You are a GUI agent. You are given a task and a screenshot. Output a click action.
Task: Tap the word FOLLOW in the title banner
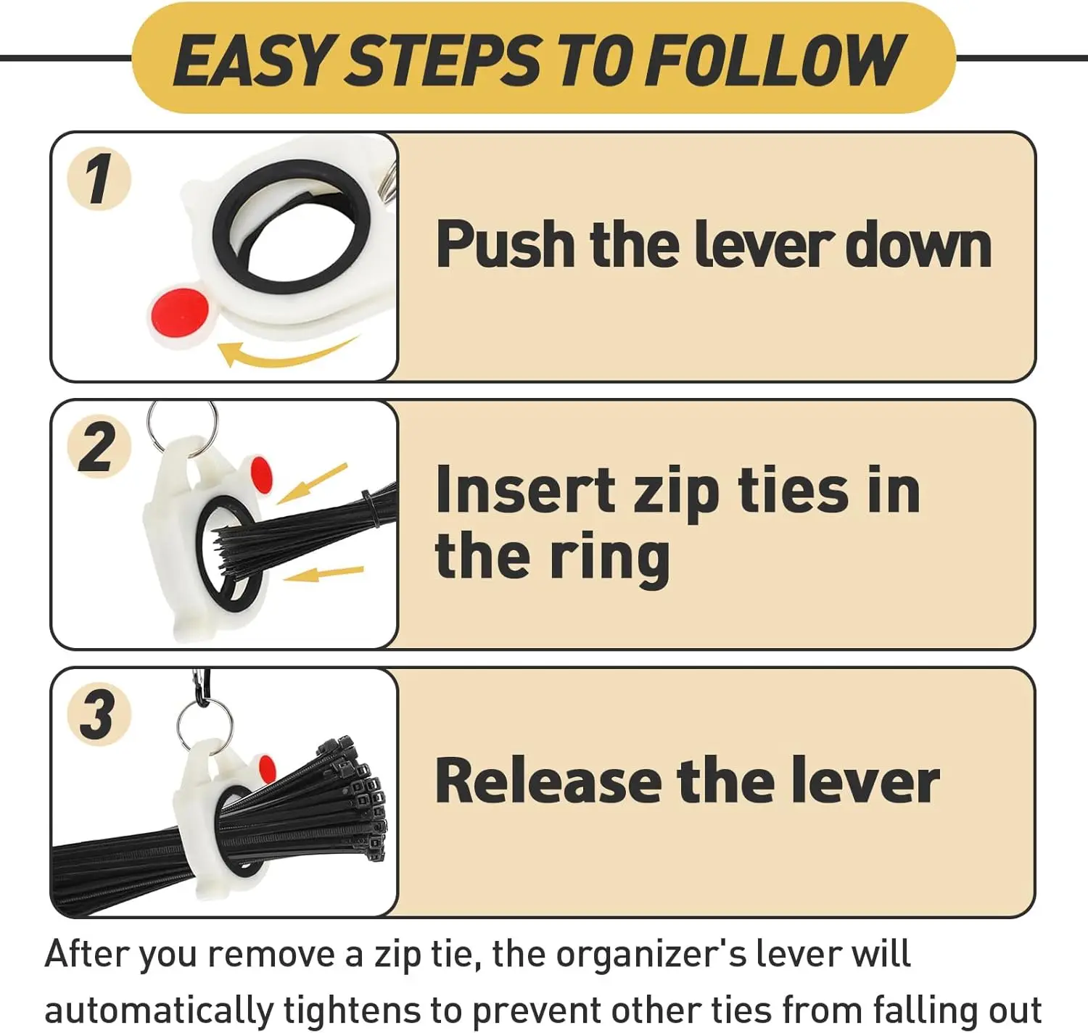click(x=774, y=59)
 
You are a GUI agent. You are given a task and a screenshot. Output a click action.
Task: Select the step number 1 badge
click(x=99, y=178)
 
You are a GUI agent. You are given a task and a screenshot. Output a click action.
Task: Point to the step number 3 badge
click(x=99, y=714)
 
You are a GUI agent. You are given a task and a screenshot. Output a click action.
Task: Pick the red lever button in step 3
click(x=267, y=770)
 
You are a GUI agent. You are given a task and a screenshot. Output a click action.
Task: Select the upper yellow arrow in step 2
click(x=312, y=484)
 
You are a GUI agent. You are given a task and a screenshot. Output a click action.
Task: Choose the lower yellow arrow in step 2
click(x=323, y=573)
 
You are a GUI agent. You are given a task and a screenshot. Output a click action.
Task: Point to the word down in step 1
click(x=918, y=244)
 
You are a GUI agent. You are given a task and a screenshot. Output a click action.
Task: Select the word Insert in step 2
click(x=525, y=489)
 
